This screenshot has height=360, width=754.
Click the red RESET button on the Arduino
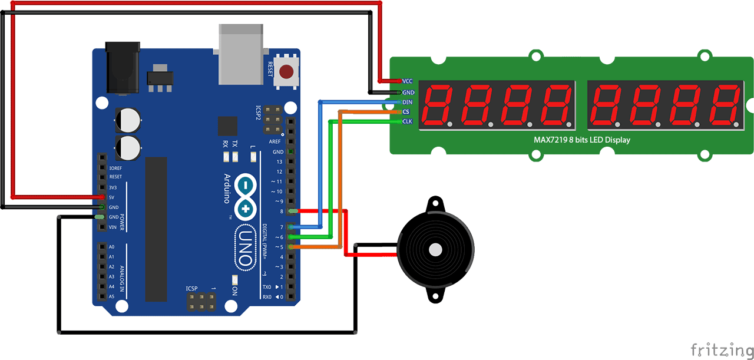(286, 72)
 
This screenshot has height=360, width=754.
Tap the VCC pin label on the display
(407, 81)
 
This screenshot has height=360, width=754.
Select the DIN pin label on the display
(407, 102)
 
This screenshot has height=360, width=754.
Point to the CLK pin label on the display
(407, 121)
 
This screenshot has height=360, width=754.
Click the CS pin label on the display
(406, 111)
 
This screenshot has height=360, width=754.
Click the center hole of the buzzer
(435, 249)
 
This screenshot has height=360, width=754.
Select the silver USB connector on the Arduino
(240, 53)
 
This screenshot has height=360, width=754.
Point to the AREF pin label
(275, 142)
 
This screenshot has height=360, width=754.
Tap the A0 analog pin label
(111, 247)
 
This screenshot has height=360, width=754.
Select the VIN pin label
(113, 227)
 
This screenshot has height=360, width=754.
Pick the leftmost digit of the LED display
(439, 104)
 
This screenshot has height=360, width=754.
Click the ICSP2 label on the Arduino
(258, 112)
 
